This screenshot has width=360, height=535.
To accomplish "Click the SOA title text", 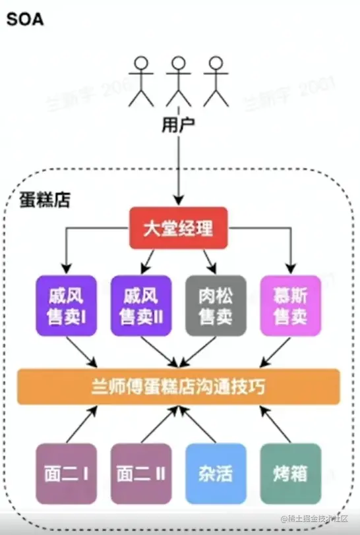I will pos(25,19).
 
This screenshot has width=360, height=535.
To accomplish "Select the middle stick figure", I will pos(177,81).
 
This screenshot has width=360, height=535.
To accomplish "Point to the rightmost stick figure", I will pos(214,81).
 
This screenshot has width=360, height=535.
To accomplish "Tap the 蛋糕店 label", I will pos(45,199).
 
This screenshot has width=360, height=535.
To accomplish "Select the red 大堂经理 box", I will pos(178,228).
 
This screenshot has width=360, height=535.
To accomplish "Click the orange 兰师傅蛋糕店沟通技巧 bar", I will pos(178,387).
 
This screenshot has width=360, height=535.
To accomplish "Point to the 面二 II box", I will pos(141,473).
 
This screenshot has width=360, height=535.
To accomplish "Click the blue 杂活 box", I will pos(215,473).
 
